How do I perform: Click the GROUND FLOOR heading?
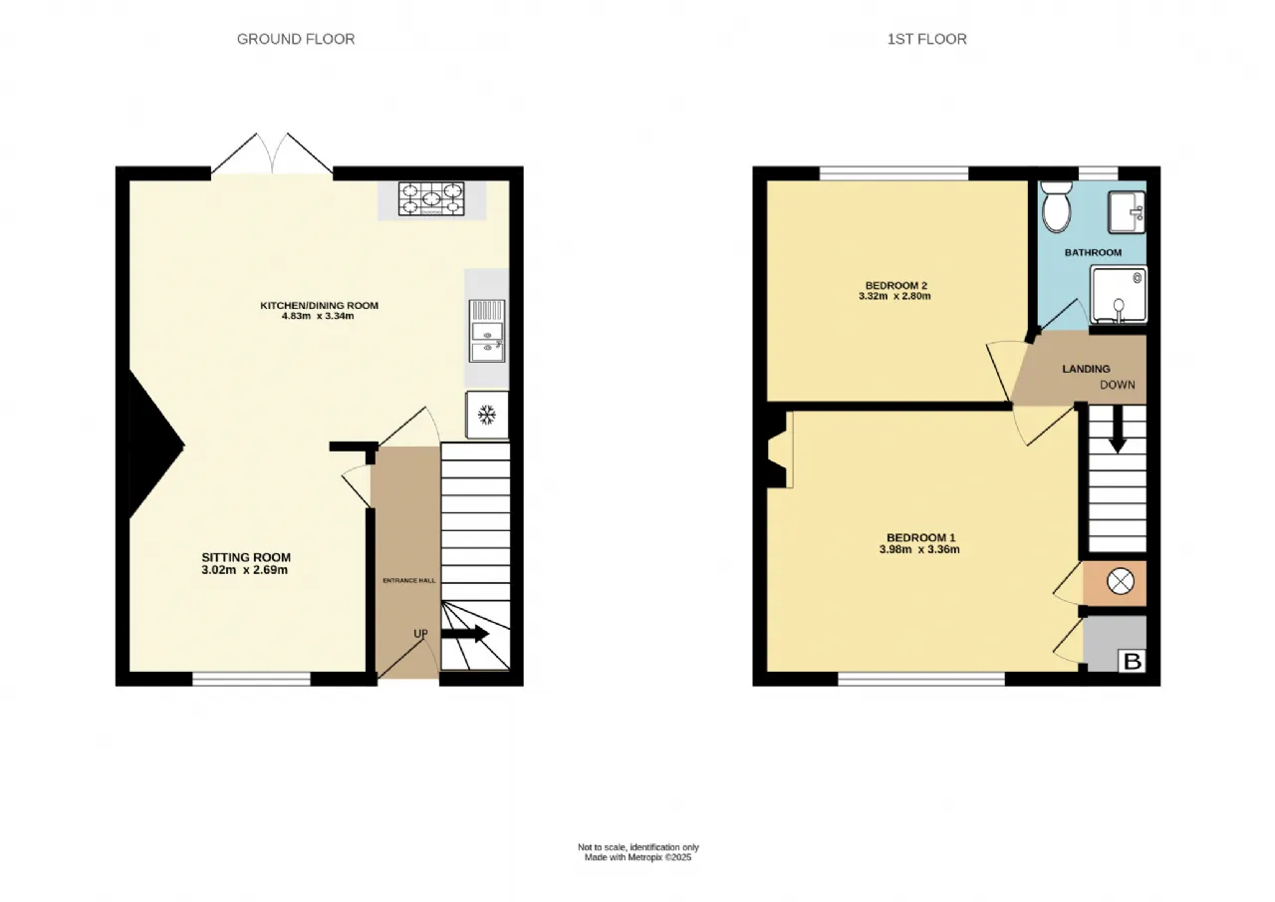(x=296, y=39)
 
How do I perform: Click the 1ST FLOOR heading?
(x=926, y=39)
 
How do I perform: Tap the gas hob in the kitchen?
(x=431, y=198)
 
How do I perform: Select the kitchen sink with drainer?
(x=487, y=331)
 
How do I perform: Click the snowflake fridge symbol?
(x=486, y=415)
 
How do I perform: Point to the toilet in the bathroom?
(x=1057, y=207)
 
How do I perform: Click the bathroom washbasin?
(x=1127, y=212)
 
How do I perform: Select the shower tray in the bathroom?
(x=1119, y=295)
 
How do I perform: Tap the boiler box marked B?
(x=1133, y=661)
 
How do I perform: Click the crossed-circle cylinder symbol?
(x=1121, y=582)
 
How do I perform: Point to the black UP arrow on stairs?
(x=465, y=633)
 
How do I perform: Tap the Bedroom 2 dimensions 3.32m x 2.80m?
(x=894, y=296)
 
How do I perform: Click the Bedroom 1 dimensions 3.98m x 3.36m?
(x=919, y=549)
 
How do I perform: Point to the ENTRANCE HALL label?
(x=408, y=581)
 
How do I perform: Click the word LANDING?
(x=1086, y=369)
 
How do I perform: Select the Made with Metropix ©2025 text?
(x=637, y=857)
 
